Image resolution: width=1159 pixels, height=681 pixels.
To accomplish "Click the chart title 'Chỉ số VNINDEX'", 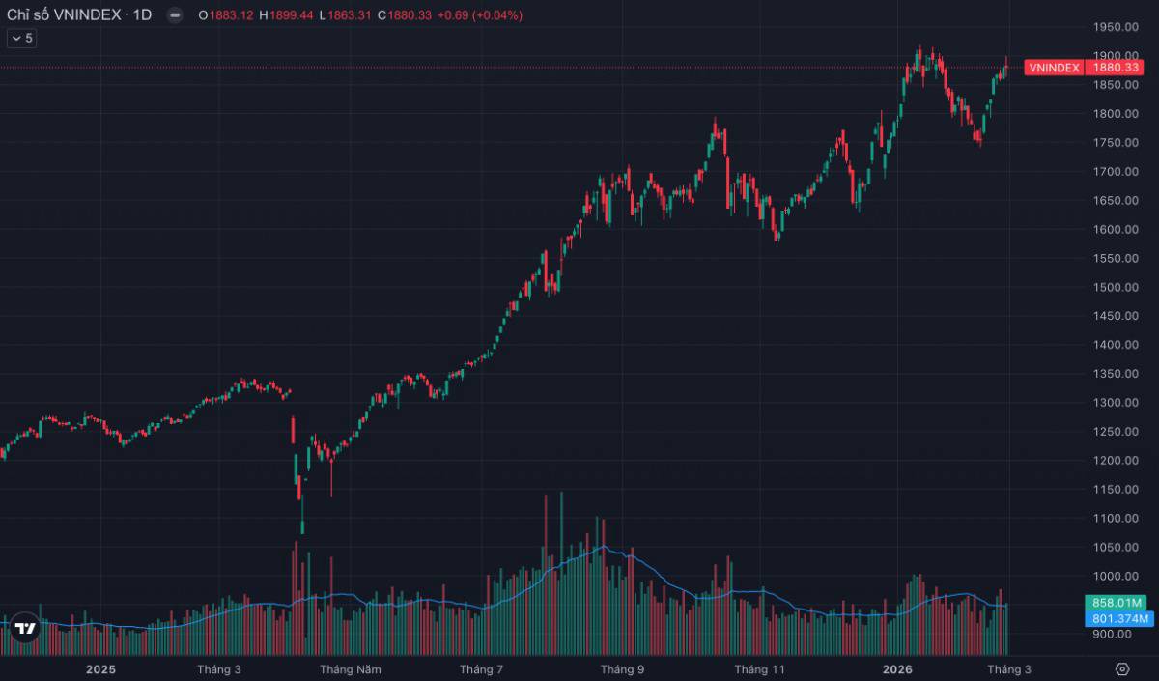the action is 64,15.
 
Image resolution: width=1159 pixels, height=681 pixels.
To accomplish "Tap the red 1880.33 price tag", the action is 1115,68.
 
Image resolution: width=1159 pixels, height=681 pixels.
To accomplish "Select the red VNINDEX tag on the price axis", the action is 1054,68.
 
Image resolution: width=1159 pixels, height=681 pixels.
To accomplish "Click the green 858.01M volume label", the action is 1116,603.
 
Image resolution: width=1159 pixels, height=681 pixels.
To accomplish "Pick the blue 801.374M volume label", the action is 1119,619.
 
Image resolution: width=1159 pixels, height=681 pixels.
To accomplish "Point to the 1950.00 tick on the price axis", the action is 1116,27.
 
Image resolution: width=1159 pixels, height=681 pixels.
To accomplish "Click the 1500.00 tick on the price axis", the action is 1116,287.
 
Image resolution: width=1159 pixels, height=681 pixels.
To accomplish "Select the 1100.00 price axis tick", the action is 1116,518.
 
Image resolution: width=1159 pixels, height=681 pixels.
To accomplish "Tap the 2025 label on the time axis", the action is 100,669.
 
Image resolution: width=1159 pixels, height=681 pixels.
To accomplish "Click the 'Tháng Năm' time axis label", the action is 351,669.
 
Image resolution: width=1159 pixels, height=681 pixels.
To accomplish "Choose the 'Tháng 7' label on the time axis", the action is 481,669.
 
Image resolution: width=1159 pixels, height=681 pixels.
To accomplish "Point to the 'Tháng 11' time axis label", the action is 759,669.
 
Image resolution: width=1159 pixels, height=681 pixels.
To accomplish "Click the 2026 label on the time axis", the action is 897,669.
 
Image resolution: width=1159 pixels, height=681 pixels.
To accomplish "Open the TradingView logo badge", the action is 25,628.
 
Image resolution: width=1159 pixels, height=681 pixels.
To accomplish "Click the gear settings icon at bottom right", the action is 1121,669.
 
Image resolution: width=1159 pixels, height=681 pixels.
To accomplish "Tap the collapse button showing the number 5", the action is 21,39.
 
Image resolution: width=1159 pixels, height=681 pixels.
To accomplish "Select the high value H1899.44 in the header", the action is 286,15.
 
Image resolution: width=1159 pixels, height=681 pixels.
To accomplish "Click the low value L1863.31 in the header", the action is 345,15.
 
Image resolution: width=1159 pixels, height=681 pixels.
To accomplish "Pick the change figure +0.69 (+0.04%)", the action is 480,15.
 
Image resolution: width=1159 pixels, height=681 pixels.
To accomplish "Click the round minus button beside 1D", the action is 175,15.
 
